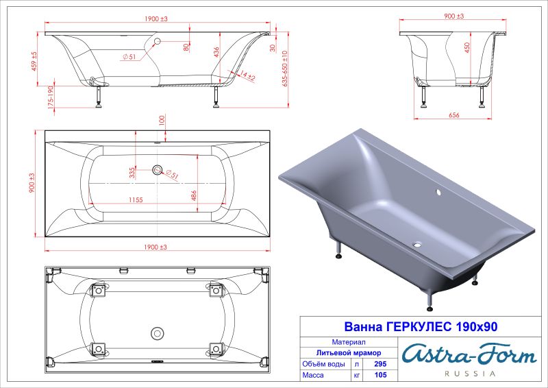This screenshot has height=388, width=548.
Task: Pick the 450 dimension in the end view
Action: (466, 49)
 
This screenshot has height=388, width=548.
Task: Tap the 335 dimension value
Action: (132, 172)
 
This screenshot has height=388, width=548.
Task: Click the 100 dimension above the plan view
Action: (162, 120)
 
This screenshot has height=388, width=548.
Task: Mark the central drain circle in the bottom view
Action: (157, 334)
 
